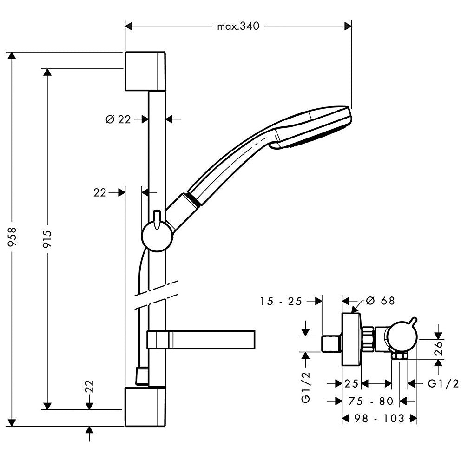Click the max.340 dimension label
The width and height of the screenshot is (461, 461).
(238, 26)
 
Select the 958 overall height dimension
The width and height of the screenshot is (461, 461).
(12, 239)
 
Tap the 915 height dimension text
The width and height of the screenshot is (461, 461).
(47, 239)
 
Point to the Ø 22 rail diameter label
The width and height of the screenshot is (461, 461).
(118, 119)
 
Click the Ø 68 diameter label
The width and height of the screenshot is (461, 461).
(380, 301)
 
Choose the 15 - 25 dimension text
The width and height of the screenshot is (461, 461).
(281, 301)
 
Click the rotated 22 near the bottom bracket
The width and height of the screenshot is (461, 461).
(89, 387)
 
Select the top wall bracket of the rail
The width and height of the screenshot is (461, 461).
(145, 71)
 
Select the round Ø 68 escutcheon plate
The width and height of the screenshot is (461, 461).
(351, 339)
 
